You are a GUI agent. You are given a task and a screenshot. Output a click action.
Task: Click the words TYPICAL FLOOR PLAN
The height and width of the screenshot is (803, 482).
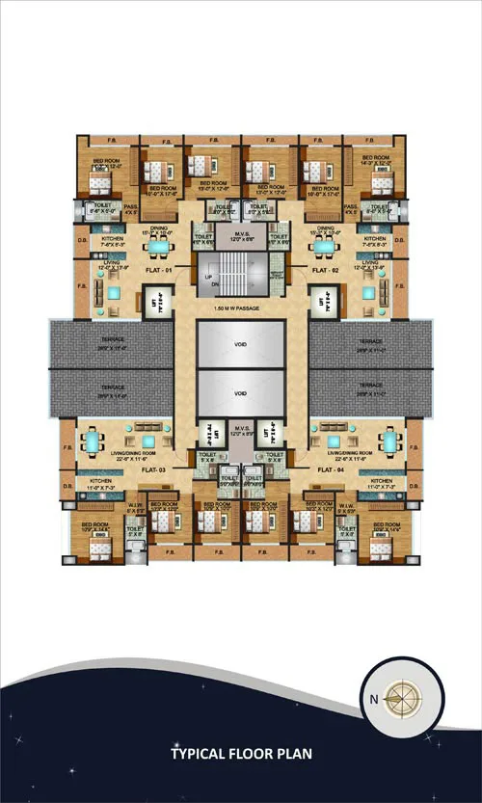coord(242,753)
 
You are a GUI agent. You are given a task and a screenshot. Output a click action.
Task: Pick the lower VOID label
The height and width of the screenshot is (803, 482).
coord(240,393)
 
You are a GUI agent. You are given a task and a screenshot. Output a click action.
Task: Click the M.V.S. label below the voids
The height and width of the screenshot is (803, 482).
coord(240,430)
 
